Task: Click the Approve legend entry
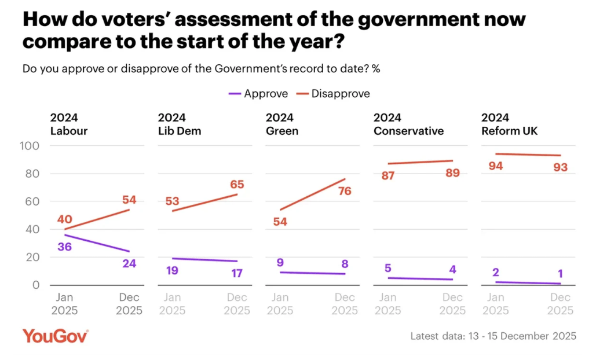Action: pyautogui.click(x=258, y=93)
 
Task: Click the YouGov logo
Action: pyautogui.click(x=56, y=336)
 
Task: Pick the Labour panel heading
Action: pyautogui.click(x=69, y=124)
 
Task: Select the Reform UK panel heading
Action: pyautogui.click(x=509, y=124)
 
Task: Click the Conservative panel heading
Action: pyautogui.click(x=408, y=124)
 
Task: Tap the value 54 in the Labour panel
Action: pyautogui.click(x=129, y=200)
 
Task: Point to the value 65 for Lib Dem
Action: pyautogui.click(x=237, y=185)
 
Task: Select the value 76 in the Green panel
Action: pyautogui.click(x=345, y=191)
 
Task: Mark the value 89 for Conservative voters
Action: pyautogui.click(x=452, y=173)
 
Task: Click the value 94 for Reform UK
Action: pyautogui.click(x=495, y=166)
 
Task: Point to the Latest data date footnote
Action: pyautogui.click(x=493, y=336)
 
